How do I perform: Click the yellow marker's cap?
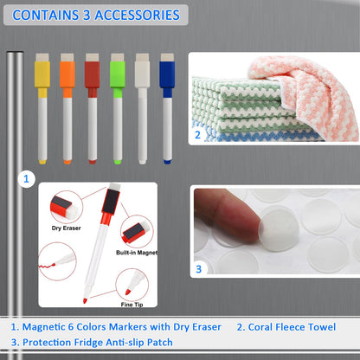tap(42, 74)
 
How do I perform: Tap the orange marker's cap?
tap(67, 74)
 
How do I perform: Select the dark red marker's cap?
tap(93, 74)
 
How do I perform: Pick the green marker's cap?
tap(118, 74)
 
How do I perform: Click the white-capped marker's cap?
tap(142, 74)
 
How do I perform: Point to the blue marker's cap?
tap(167, 74)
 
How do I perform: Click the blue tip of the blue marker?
tap(167, 162)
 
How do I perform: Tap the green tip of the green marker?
tap(118, 162)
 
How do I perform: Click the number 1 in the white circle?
tap(26, 179)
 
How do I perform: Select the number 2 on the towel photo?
tap(197, 135)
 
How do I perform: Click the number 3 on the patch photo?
tap(198, 269)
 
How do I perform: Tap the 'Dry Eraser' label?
tap(66, 228)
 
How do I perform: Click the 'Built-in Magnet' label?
tap(137, 253)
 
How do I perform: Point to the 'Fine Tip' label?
tap(132, 305)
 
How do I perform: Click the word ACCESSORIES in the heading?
tap(138, 15)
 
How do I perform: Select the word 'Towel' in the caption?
tap(322, 327)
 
